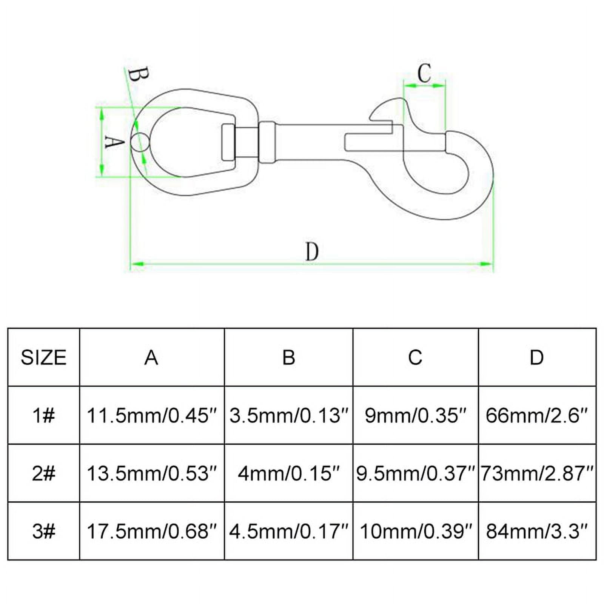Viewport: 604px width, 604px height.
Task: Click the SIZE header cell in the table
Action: tap(43, 357)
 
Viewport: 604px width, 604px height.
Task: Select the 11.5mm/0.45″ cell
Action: tap(152, 415)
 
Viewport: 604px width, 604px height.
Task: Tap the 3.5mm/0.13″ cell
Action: tap(288, 415)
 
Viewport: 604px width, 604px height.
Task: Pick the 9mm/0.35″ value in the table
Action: tap(415, 415)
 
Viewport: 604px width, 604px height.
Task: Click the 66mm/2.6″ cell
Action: tap(537, 415)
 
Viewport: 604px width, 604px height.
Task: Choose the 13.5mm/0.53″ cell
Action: tap(152, 473)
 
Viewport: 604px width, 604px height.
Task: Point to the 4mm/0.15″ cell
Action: tap(288, 473)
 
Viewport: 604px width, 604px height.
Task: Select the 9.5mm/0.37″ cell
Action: tap(415, 473)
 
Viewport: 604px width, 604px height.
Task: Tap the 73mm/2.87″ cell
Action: tap(537, 473)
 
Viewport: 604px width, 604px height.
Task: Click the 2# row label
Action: tap(43, 473)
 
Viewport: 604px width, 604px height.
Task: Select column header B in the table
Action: tap(289, 357)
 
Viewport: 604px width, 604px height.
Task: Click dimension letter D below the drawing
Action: tap(312, 251)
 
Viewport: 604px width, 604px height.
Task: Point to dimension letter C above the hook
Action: tap(424, 73)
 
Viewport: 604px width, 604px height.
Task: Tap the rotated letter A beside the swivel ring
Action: tap(114, 142)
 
